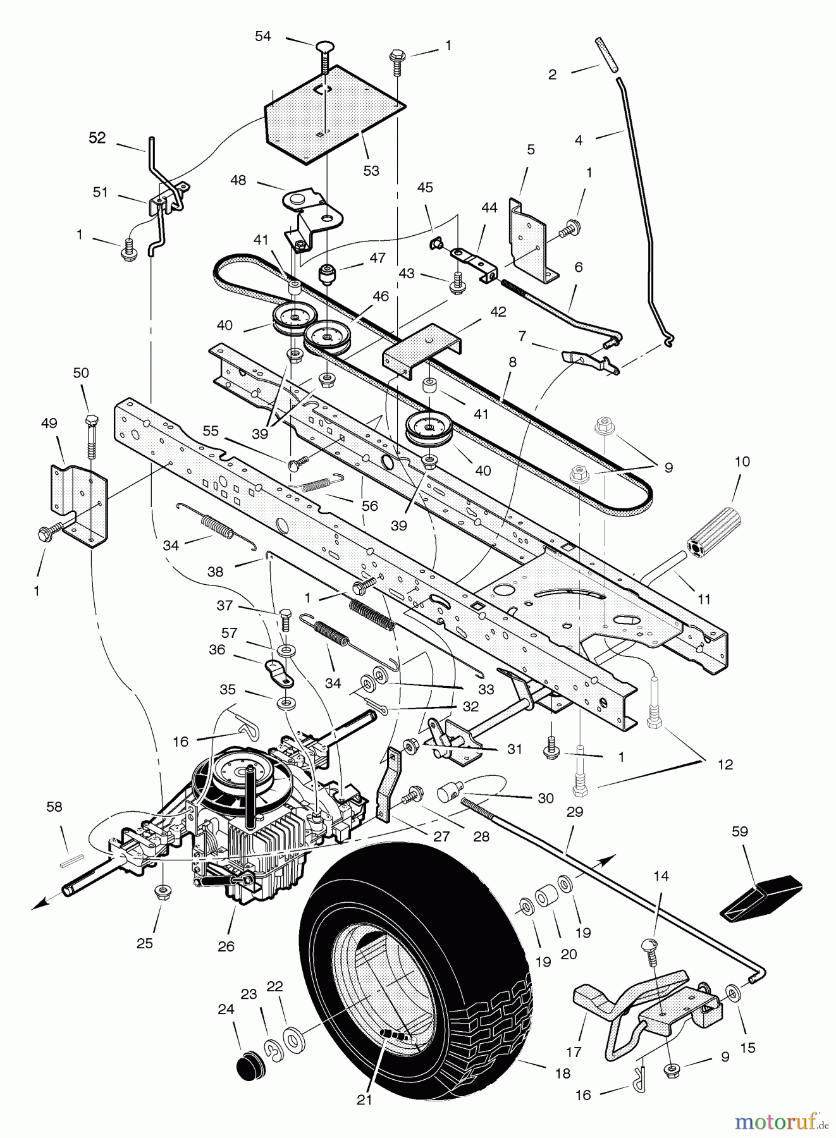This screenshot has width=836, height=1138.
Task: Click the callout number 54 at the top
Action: click(262, 36)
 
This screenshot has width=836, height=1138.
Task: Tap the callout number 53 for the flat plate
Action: click(371, 171)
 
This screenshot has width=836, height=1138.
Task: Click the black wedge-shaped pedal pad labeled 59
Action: click(760, 893)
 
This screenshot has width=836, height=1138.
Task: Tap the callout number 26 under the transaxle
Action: click(226, 946)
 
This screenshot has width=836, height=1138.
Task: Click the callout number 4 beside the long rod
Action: click(579, 140)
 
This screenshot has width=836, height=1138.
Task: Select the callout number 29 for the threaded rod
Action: click(574, 811)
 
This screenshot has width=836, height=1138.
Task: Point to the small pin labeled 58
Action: click(69, 859)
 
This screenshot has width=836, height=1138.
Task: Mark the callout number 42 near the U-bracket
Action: click(498, 312)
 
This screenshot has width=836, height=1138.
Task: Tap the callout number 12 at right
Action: click(725, 764)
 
